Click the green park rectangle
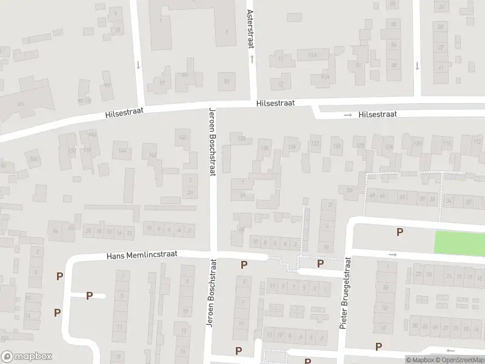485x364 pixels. coord(460,242)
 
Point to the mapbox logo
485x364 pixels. coord(27,357)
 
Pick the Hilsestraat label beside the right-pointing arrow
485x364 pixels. coord(377,114)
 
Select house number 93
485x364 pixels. coord(227,81)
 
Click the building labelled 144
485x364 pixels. coord(122,150)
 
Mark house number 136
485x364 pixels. coord(264,149)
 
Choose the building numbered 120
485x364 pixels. coord(416,143)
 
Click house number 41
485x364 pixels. coord(441,67)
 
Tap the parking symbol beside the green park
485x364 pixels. coord(400,232)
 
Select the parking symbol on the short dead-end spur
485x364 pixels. coord(89,295)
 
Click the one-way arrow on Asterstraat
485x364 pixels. coord(252,59)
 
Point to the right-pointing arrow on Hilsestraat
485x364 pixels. coord(347,115)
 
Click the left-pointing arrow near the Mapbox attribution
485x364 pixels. coord(450,350)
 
